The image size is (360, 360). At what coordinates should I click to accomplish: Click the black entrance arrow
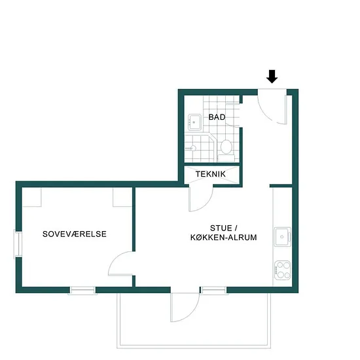click(x=272, y=77)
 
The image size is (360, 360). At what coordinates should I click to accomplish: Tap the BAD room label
click(x=217, y=117)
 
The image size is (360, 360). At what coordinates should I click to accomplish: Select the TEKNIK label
click(x=211, y=174)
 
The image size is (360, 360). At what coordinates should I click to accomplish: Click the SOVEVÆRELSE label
click(x=75, y=234)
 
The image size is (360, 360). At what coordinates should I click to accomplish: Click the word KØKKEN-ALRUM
click(x=224, y=238)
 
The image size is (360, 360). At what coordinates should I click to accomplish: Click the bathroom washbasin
click(x=194, y=122)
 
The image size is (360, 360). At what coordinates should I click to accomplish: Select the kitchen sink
click(x=283, y=237)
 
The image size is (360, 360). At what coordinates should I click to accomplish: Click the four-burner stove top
click(x=283, y=270)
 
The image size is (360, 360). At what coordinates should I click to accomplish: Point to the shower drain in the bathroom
click(x=193, y=148)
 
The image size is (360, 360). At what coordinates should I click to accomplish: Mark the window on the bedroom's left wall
click(x=18, y=244)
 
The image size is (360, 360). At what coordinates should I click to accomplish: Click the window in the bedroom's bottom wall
click(x=82, y=291)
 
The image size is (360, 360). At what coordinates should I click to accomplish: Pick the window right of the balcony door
click(x=214, y=291)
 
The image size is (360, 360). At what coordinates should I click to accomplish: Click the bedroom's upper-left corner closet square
click(x=31, y=197)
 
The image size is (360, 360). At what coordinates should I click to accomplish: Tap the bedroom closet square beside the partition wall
click(x=122, y=197)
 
